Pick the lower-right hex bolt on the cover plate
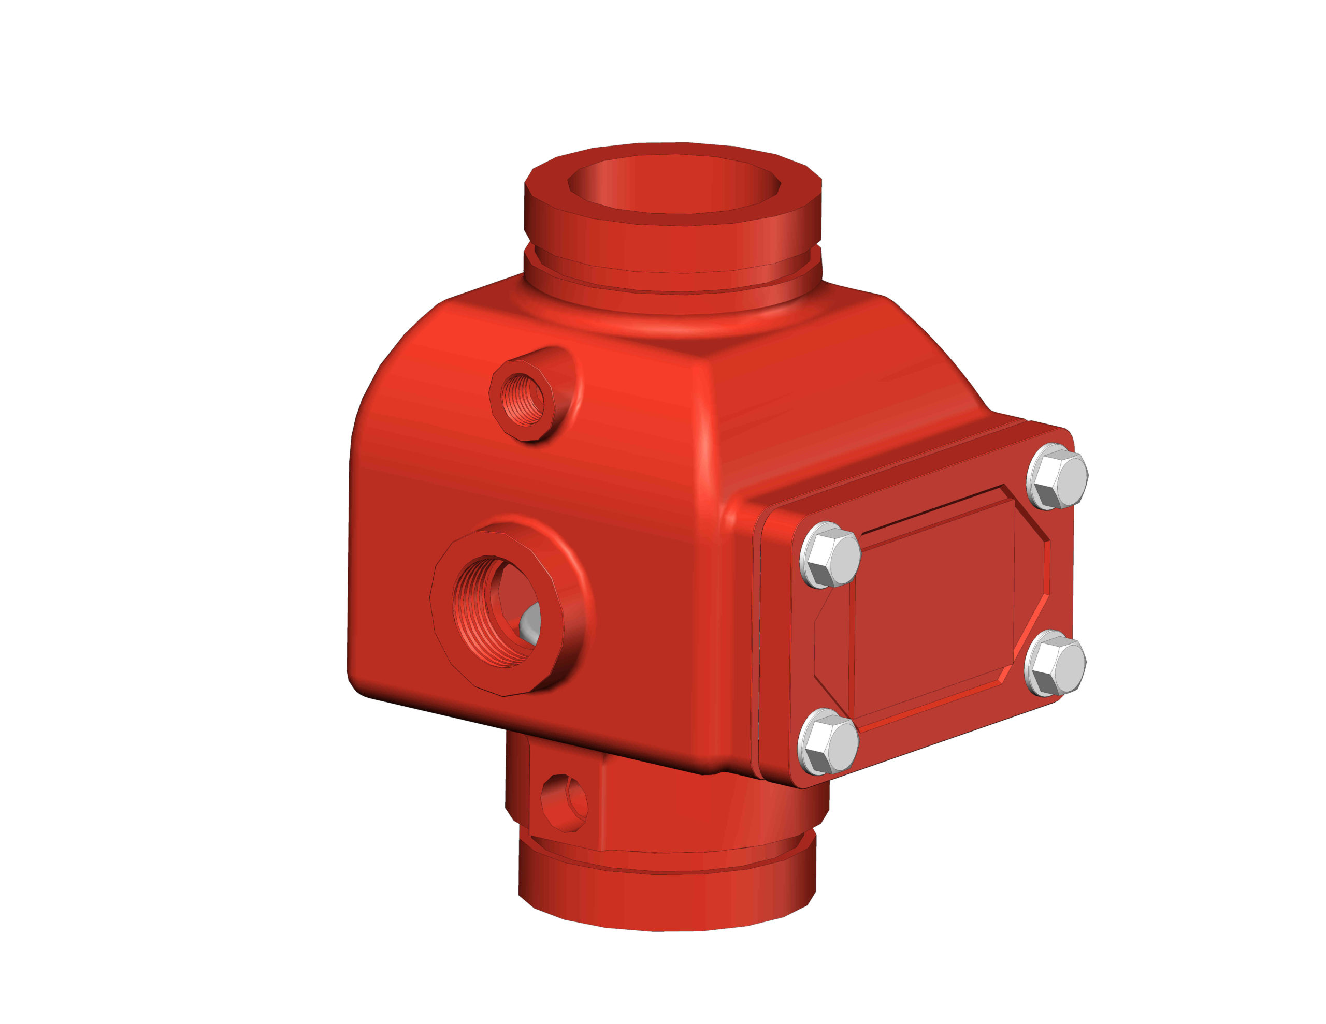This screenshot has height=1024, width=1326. [1055, 664]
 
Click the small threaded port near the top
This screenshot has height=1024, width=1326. [522, 400]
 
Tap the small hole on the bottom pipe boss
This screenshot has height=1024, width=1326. [565, 802]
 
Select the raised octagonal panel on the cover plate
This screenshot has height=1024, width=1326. [935, 607]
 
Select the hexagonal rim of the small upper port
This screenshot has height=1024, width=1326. [498, 419]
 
